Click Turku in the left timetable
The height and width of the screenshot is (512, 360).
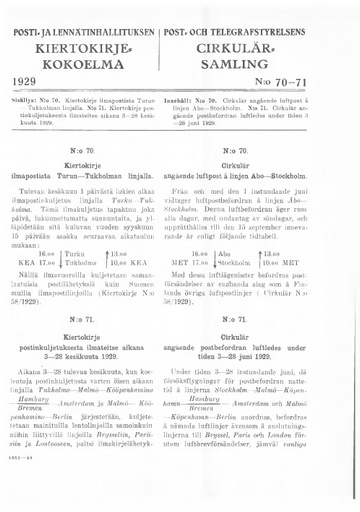point(76,255)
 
